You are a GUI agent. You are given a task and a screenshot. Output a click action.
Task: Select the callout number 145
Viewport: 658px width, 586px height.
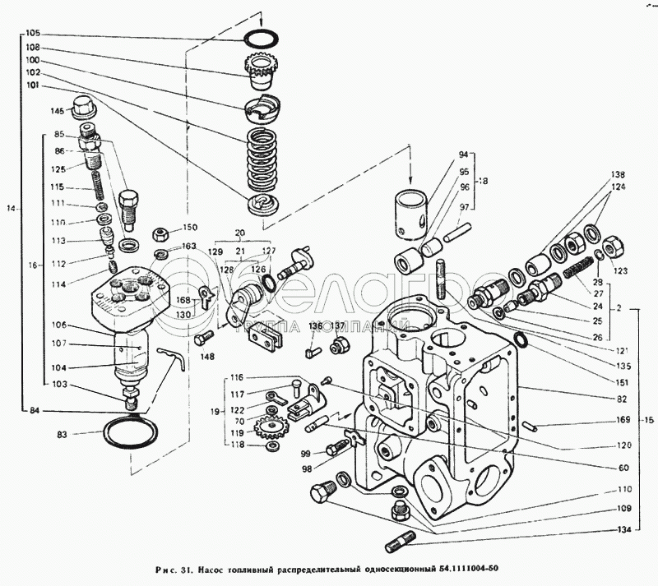57,111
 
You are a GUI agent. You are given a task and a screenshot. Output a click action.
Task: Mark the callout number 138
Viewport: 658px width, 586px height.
618,175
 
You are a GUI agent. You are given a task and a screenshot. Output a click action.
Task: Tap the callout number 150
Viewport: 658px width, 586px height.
190,228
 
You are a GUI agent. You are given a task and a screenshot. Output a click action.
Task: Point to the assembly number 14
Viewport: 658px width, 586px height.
11,209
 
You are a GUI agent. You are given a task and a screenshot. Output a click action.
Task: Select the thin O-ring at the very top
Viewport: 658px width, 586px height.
262,39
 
